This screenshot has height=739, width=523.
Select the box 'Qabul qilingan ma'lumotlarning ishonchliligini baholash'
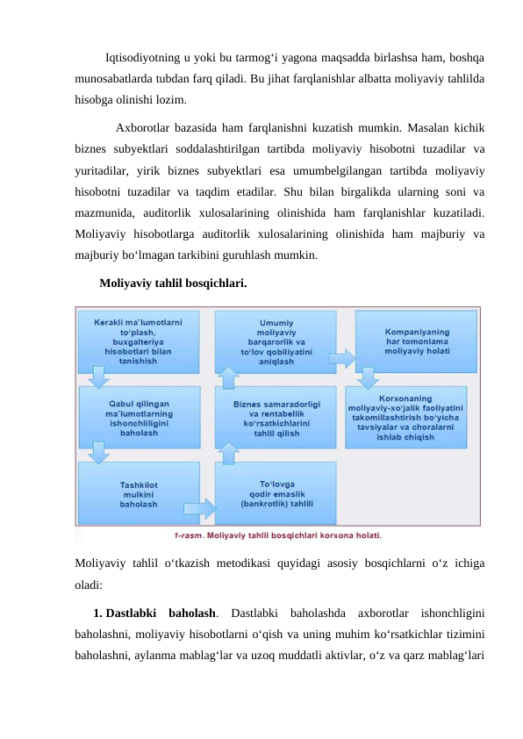138,413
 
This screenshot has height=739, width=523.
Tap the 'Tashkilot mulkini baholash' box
138,493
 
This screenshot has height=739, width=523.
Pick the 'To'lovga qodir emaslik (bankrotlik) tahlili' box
276,493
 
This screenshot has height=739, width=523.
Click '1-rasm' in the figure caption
187,534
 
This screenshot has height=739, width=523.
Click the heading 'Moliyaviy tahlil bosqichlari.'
173,284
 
